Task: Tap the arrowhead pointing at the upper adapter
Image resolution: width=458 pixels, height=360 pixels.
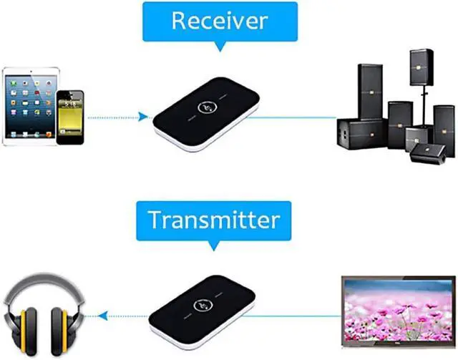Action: coord(145,116)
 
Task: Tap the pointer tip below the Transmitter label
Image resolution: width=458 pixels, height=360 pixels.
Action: coord(214,245)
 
